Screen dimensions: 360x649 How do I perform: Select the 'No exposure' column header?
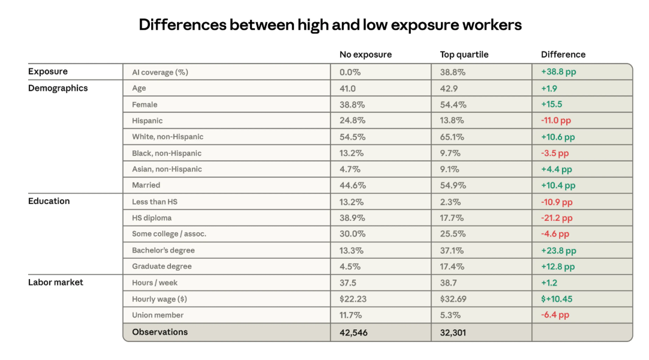[x=365, y=55]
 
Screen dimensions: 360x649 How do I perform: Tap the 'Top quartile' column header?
[x=464, y=55]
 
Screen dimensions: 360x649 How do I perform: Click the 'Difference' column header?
[x=563, y=55]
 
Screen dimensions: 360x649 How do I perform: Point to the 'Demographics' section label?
[x=58, y=88]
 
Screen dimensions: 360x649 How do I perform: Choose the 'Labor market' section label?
[x=56, y=282]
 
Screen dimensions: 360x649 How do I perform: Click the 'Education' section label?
[x=49, y=201]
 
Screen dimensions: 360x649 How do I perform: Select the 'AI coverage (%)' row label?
[x=160, y=72]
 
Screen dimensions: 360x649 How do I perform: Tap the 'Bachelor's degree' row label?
[x=163, y=250]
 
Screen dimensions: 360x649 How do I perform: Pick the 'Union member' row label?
[x=158, y=315]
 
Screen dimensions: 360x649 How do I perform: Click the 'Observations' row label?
[x=160, y=332]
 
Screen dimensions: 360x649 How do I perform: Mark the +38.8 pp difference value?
[x=558, y=72]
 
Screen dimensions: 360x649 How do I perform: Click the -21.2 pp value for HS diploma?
[x=557, y=218]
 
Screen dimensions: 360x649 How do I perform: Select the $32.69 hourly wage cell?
[x=453, y=299]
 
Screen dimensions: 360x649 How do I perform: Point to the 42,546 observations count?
[x=353, y=332]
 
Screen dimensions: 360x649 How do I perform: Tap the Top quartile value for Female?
[x=453, y=104]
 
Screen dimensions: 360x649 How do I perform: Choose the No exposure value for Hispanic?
[x=352, y=121]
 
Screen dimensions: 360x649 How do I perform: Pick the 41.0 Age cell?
[x=349, y=88]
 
